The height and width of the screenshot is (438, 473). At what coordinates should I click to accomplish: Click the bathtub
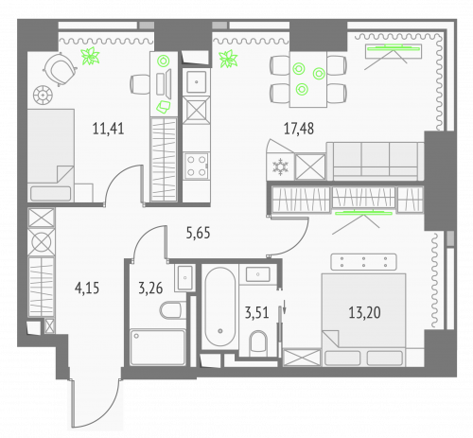tap(219, 307)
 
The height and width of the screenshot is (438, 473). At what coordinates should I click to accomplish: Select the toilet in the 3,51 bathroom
tap(257, 339)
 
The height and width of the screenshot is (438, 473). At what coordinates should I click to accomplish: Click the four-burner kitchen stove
tap(199, 166)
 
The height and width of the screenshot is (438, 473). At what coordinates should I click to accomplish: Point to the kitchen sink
tap(197, 80)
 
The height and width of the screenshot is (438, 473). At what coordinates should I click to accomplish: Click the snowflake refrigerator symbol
tap(280, 167)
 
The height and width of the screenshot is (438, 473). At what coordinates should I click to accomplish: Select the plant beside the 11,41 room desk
tap(92, 58)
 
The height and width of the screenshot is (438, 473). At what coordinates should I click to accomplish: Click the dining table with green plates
tap(308, 78)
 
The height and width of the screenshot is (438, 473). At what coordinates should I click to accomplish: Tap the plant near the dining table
tap(227, 61)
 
